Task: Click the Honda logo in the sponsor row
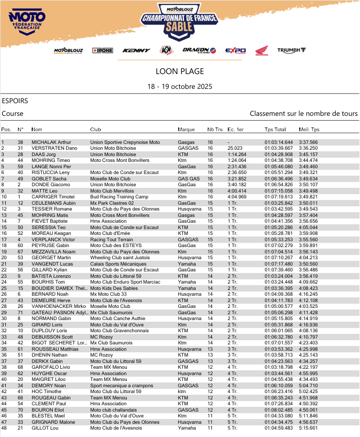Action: pos(262,51)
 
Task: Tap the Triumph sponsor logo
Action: pos(292,50)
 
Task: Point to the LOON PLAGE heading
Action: pos(180,71)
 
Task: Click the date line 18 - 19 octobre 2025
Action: pos(180,86)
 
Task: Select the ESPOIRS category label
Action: pos(15,101)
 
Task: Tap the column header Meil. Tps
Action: pos(309,130)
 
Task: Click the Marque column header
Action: pos(186,130)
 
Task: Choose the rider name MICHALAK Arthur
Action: pos(51,142)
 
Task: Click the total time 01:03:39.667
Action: pos(279,148)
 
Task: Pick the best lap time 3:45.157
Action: pos(308,154)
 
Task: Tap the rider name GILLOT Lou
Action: pos(45,427)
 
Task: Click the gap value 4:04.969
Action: pos(237,196)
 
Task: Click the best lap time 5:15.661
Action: pos(308,427)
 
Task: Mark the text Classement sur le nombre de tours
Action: pos(303,114)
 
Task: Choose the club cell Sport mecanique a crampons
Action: pos(122,386)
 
